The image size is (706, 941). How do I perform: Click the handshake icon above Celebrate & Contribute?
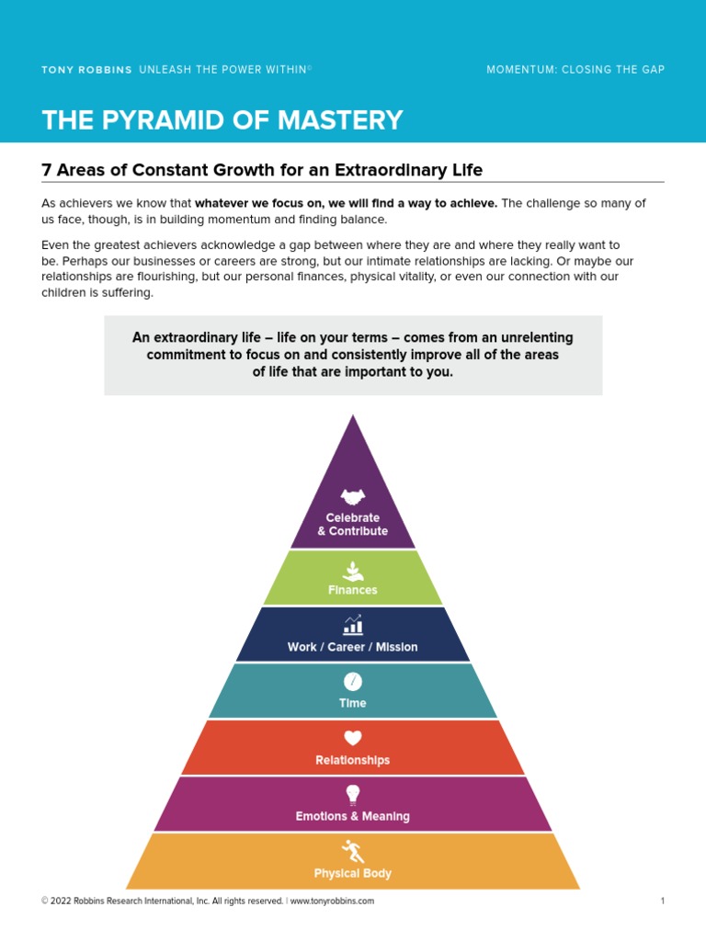point(353,497)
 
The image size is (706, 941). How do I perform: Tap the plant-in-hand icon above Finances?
point(353,570)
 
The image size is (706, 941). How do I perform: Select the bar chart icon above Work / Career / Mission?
point(353,626)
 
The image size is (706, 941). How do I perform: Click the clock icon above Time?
point(353,682)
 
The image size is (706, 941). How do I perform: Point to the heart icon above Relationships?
point(353,738)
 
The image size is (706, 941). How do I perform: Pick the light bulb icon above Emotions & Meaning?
point(353,794)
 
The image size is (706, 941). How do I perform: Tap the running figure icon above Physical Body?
point(353,851)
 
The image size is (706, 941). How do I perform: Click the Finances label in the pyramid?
point(353,590)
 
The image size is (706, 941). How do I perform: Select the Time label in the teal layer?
point(353,703)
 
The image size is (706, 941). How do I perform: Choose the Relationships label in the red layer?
point(353,760)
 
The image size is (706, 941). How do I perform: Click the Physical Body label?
point(353,873)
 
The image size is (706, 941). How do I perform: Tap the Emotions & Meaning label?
point(353,816)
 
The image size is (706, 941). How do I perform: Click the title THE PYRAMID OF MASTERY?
point(222,120)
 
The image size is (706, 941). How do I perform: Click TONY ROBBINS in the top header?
point(86,70)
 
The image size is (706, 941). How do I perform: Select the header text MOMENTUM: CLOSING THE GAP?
point(575,70)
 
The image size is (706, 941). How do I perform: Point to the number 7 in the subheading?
point(47,170)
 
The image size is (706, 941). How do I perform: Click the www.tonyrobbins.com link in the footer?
point(332,901)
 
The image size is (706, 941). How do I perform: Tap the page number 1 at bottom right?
point(662,901)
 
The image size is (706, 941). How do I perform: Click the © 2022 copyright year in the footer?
point(57,901)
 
